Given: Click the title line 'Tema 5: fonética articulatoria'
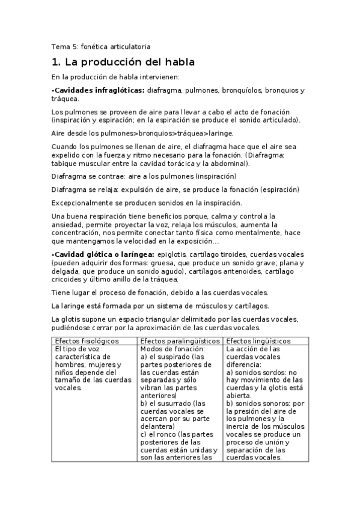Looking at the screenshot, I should tap(100, 46).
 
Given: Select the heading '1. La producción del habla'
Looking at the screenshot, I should tap(123, 62).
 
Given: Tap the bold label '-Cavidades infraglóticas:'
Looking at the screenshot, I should tap(97, 90).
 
